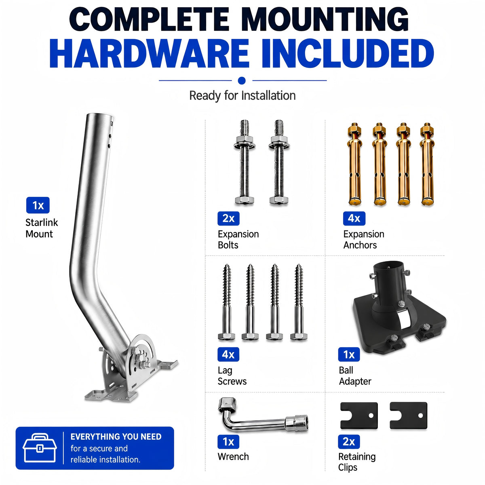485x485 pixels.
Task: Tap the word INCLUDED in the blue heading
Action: (348, 53)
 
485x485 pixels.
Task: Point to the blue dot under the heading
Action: (242, 80)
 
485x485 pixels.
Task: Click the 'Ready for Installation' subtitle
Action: (242, 96)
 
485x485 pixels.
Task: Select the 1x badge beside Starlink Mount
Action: (38, 205)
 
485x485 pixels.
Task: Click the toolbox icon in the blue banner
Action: (40, 448)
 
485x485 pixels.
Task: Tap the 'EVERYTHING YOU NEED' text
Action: (116, 436)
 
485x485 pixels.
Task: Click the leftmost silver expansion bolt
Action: (244, 162)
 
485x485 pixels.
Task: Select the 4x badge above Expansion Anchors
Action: (354, 218)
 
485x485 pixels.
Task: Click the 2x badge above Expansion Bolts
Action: (228, 218)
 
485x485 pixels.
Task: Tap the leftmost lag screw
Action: (226, 302)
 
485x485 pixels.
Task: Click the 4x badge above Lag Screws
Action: (228, 354)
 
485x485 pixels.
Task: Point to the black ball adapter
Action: (398, 310)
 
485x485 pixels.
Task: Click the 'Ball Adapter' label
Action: (355, 376)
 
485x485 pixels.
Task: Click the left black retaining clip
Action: (358, 415)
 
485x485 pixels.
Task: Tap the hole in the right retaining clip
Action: (420, 415)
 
